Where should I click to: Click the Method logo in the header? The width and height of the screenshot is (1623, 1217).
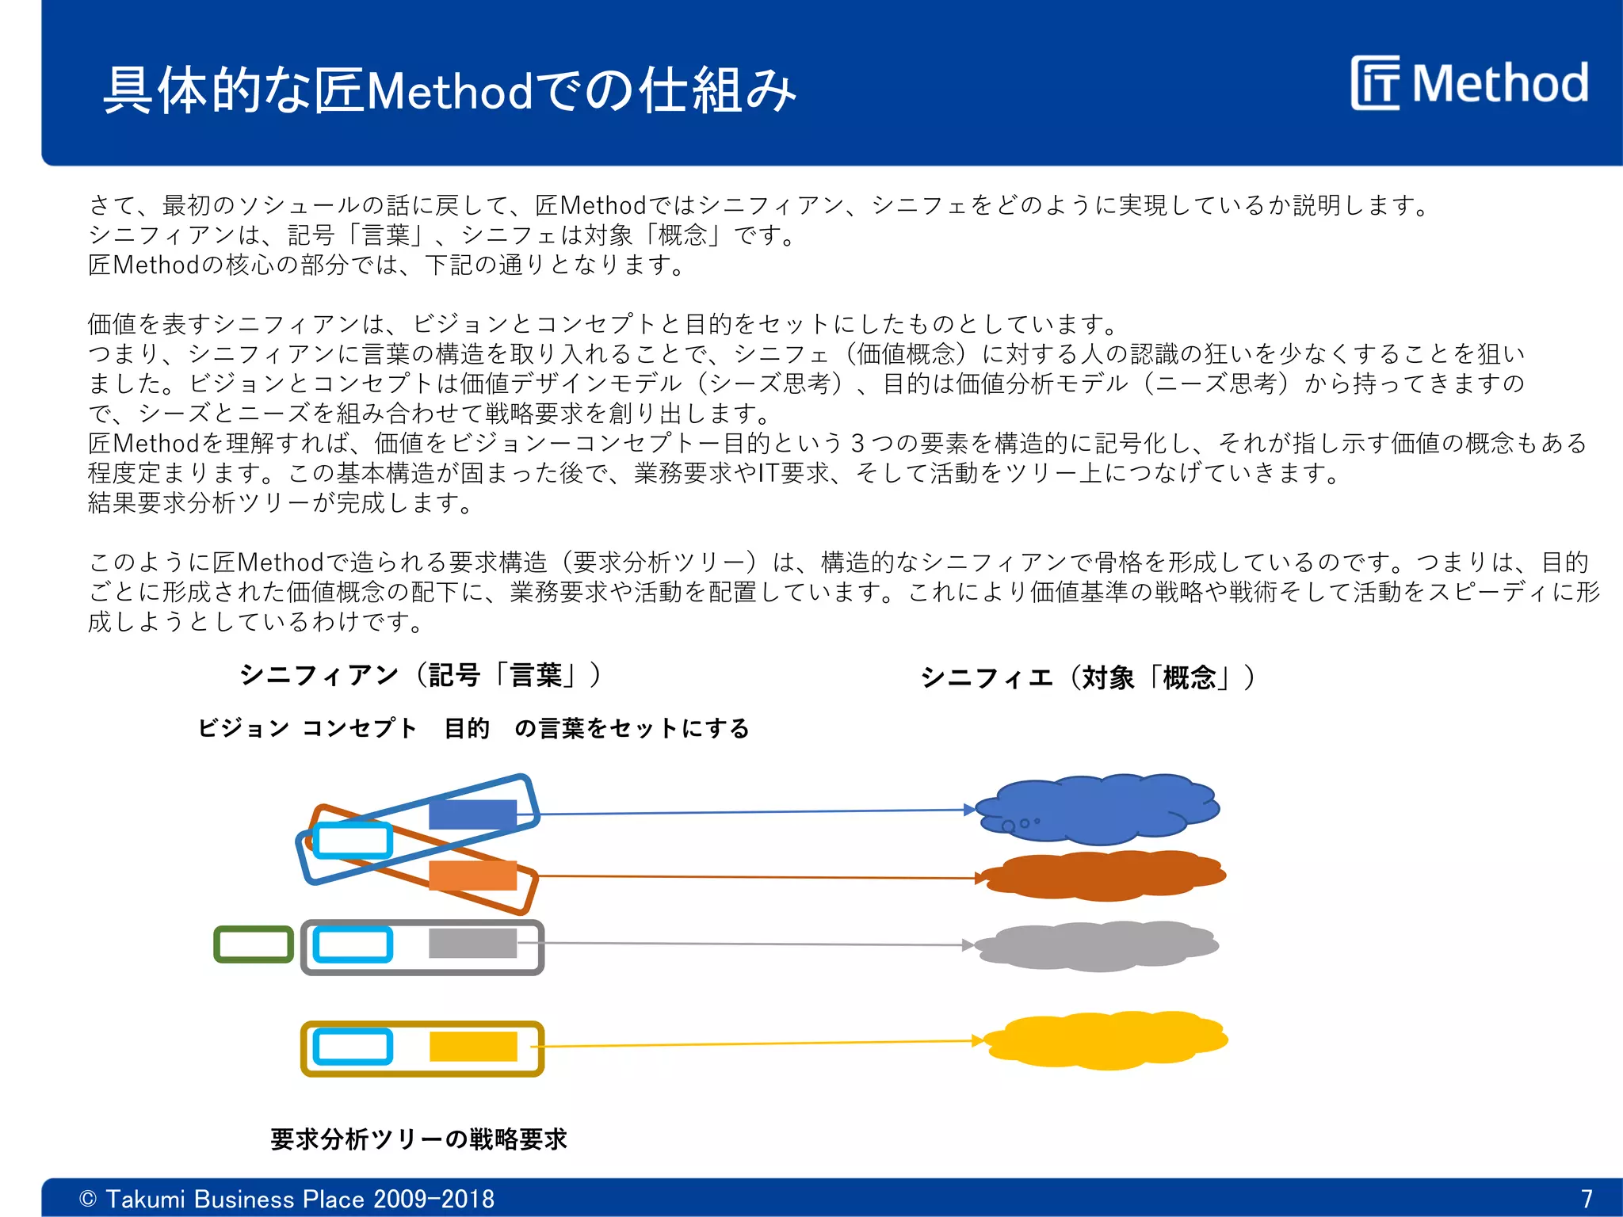(1470, 82)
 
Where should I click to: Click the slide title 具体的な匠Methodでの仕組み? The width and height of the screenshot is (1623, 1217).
(449, 90)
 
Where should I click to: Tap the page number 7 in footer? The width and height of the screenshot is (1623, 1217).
(1586, 1198)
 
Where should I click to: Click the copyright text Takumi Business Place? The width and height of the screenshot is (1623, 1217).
(287, 1199)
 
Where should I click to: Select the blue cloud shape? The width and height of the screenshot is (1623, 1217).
(1098, 809)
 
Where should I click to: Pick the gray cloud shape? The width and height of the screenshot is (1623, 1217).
(1098, 945)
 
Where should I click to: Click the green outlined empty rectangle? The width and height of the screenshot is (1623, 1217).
(254, 944)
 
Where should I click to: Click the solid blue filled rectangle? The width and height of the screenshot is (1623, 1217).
(472, 815)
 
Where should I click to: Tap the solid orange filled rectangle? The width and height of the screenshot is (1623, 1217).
(472, 876)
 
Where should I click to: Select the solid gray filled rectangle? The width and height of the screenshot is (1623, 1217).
(472, 944)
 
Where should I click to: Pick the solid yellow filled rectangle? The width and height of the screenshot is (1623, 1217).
(473, 1047)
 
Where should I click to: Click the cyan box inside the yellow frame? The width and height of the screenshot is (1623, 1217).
(353, 1047)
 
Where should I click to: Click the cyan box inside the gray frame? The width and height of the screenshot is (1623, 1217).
(353, 944)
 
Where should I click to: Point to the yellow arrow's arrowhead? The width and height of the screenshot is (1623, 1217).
(978, 1041)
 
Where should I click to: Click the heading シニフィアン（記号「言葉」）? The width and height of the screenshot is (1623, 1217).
(421, 675)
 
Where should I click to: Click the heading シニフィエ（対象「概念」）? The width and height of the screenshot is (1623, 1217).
(1088, 678)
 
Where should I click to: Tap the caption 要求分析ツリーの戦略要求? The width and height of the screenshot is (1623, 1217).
(418, 1139)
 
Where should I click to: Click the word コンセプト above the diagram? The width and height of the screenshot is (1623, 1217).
(359, 728)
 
